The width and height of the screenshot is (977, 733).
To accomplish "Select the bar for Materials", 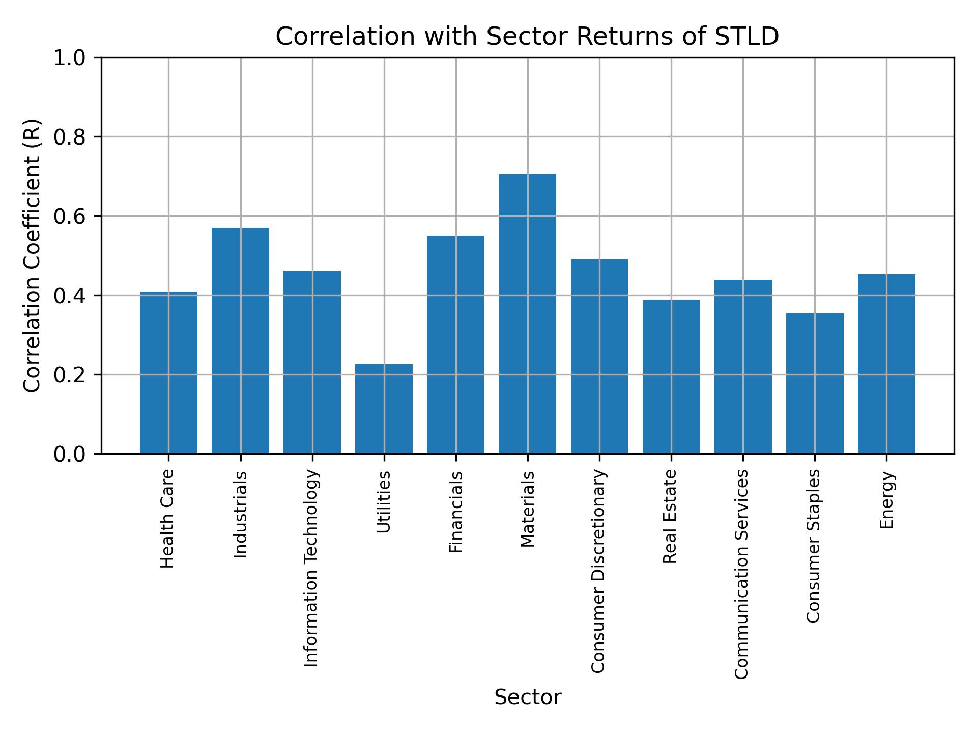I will [x=527, y=314].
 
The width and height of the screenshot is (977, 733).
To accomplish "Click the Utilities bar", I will [x=384, y=409].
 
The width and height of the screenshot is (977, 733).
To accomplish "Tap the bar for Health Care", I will [x=168, y=373].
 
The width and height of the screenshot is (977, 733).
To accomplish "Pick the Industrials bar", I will [x=240, y=340].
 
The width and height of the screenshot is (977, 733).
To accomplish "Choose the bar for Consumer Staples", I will [x=814, y=383].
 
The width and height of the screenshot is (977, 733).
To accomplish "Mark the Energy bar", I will [x=886, y=364].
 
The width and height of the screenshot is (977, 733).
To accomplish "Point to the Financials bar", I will [x=455, y=344].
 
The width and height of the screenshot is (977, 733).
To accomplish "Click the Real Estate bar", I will [x=671, y=377].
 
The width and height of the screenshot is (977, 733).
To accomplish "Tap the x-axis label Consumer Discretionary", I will [x=598, y=571].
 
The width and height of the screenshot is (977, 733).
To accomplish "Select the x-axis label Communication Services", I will [x=742, y=574].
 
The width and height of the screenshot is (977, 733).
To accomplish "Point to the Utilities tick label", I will [x=384, y=502].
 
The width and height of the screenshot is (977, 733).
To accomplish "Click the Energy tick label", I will [x=886, y=500].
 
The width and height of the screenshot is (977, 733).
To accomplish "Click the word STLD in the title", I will [x=746, y=37].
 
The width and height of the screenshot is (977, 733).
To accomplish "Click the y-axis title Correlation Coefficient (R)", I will [x=32, y=256].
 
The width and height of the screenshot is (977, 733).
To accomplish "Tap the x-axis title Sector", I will [x=527, y=697].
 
